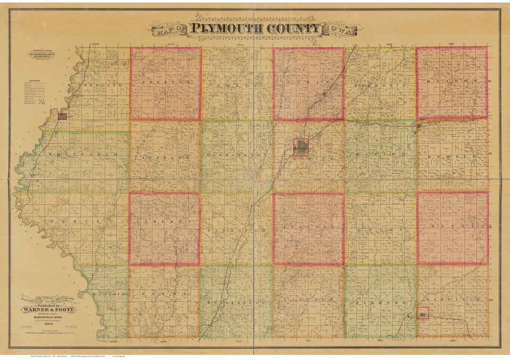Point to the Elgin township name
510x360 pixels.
click(308, 82)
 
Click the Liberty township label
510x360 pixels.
click(164, 221)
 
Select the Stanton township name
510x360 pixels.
click(308, 227)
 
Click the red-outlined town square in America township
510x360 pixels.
click(301, 147)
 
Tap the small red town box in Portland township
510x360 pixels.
click(62, 116)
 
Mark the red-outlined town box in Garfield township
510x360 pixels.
click(423, 313)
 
